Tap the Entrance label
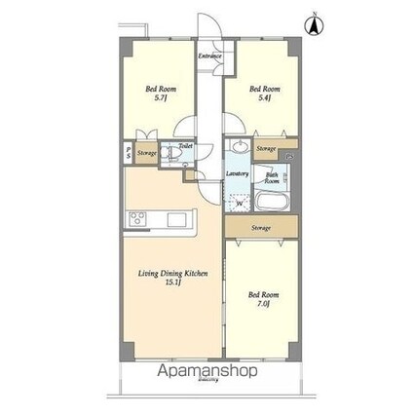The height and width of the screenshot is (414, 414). (x=209, y=56)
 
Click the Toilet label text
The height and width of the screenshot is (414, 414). (x=185, y=147)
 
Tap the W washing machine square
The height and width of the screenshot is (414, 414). (x=240, y=204)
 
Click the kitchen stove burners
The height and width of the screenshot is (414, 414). (x=136, y=218)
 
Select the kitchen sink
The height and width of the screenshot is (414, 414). (x=176, y=218)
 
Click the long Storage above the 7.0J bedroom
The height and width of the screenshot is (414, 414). (x=260, y=228)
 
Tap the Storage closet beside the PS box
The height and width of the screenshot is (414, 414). (x=146, y=153)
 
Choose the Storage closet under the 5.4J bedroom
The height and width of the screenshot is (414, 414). (x=266, y=148)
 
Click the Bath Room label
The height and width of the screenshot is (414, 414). (x=273, y=179)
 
